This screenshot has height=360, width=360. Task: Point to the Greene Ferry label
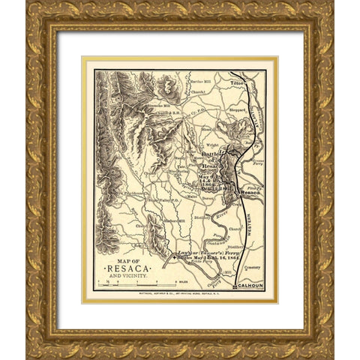(257, 160)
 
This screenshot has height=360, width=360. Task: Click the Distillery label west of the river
(199, 217)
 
